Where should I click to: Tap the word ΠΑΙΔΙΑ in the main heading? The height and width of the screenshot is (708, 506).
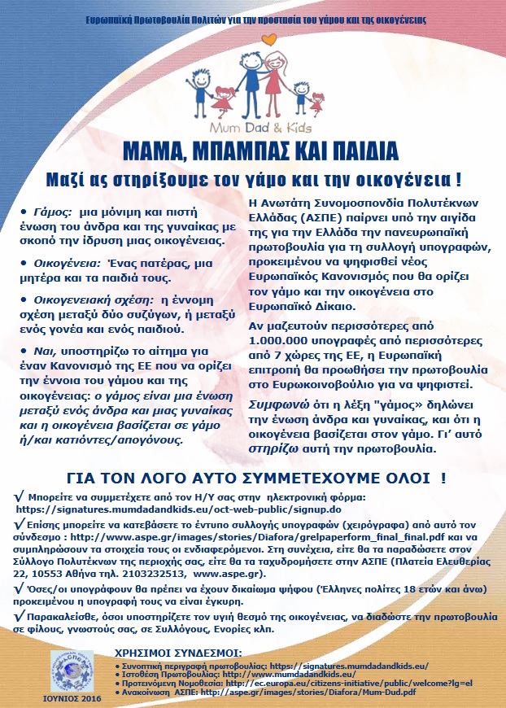tap(351, 151)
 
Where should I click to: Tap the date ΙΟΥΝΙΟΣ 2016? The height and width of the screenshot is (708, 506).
tap(72, 698)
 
